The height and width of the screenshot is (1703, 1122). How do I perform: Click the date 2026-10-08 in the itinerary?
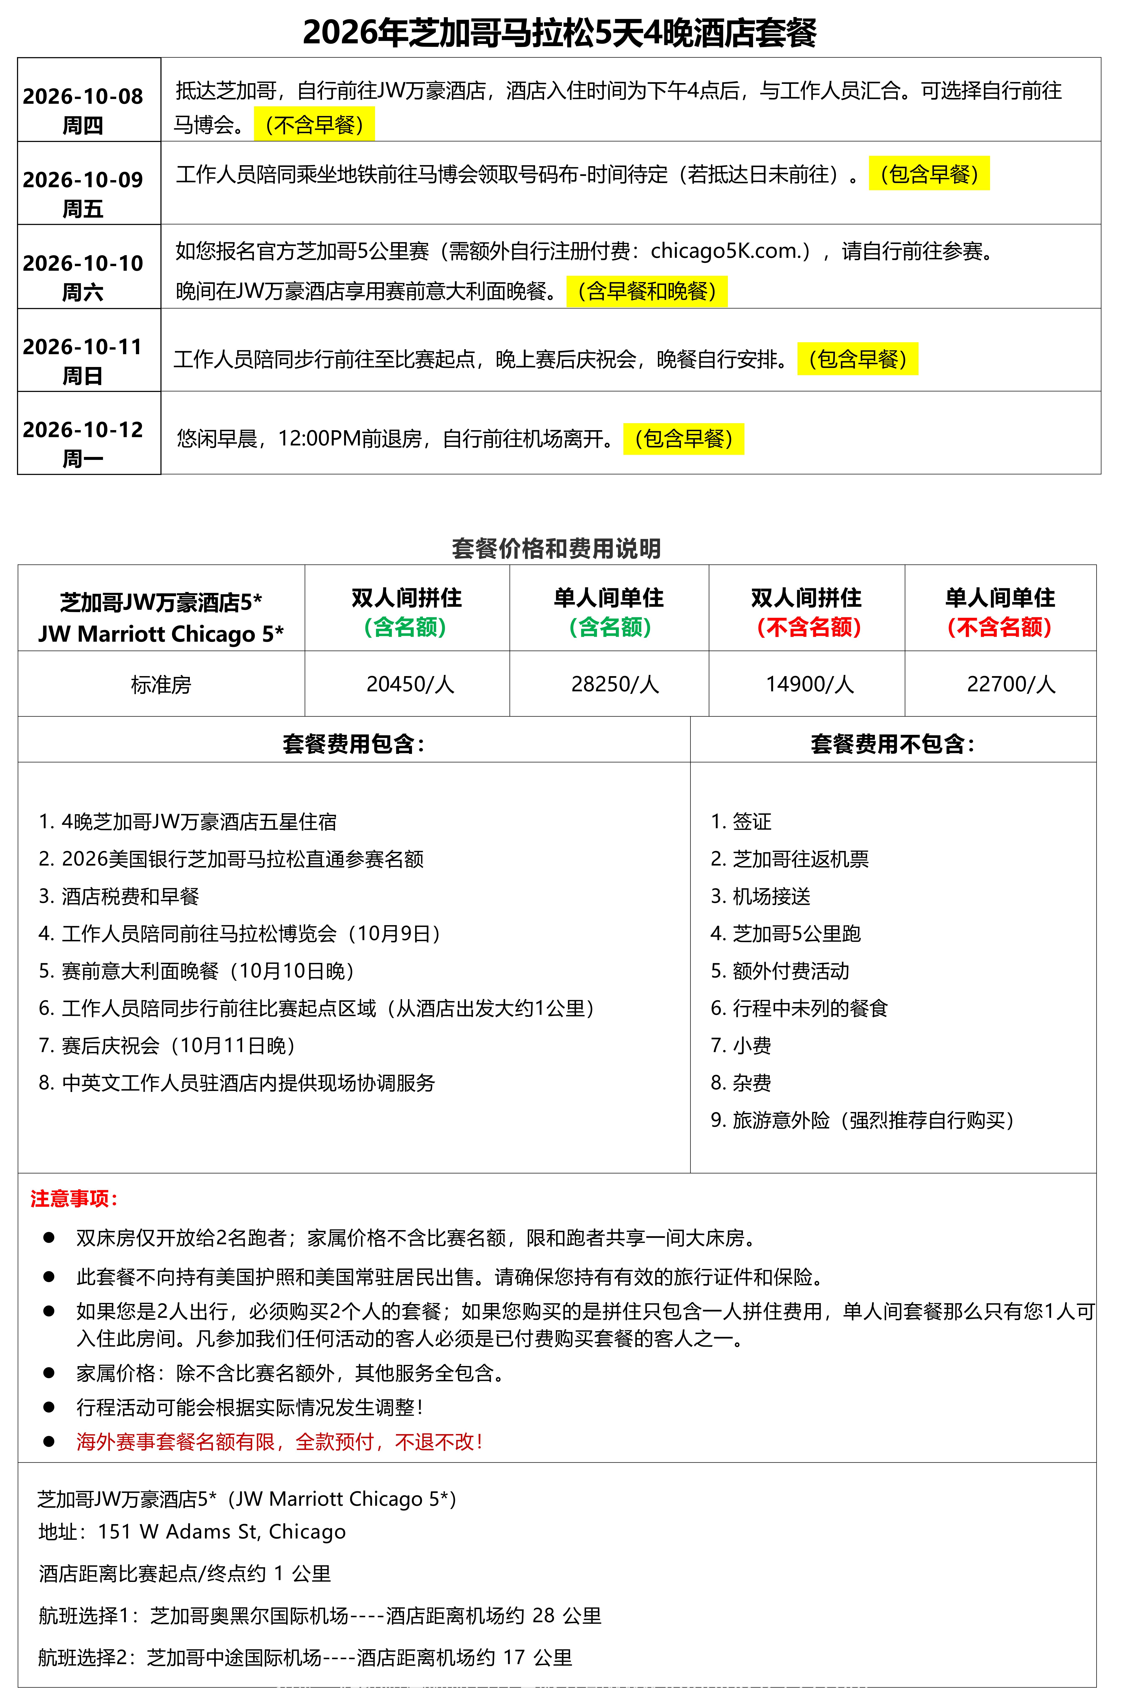click(83, 96)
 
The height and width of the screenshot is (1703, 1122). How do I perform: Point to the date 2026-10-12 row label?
click(83, 429)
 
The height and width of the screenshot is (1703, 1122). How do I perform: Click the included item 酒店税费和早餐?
click(130, 896)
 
